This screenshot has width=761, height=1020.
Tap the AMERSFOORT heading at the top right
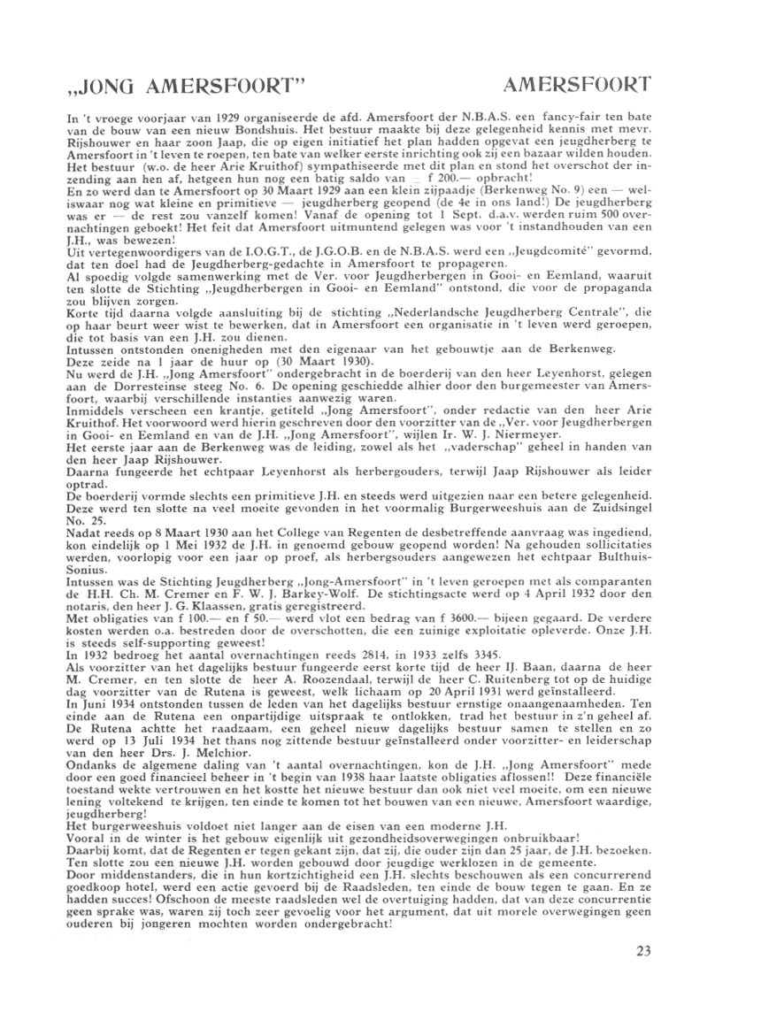[576, 85]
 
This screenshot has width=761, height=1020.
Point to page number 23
[643, 952]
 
